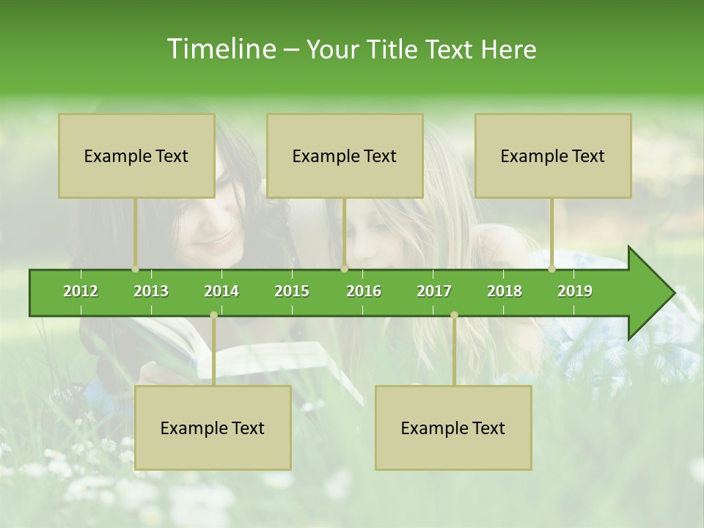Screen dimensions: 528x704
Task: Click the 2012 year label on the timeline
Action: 81,291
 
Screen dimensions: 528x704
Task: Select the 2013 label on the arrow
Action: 151,291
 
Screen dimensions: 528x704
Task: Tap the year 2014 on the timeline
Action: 221,291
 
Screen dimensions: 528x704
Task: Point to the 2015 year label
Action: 292,291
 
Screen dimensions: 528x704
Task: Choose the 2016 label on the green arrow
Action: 364,291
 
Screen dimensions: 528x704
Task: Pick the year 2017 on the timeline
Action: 434,291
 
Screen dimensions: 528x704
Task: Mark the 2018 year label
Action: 505,291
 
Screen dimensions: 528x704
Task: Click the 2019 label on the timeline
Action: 575,291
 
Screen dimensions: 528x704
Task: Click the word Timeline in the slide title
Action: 220,49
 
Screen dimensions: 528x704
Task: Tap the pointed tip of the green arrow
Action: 672,293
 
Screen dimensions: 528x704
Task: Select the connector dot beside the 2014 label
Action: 213,315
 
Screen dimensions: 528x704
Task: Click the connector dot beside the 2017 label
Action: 454,315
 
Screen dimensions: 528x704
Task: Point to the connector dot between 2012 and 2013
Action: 135,269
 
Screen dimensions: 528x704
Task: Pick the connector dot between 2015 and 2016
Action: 344,269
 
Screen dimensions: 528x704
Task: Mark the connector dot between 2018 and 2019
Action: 551,269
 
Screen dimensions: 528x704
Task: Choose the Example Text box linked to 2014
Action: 213,428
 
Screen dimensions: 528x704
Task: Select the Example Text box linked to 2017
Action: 453,428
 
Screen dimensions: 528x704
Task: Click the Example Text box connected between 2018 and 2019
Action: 553,155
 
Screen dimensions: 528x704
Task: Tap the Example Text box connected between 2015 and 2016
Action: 345,155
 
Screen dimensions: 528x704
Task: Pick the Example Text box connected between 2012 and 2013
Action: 136,155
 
